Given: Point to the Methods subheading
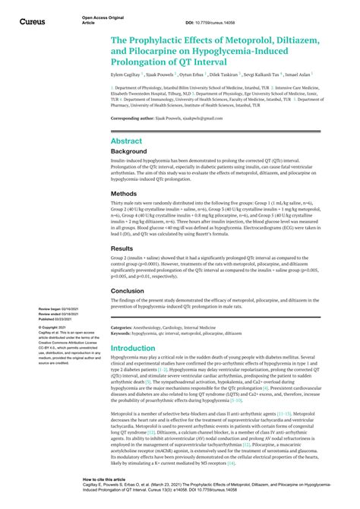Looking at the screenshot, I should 124,193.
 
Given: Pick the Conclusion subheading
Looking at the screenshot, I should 127,289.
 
